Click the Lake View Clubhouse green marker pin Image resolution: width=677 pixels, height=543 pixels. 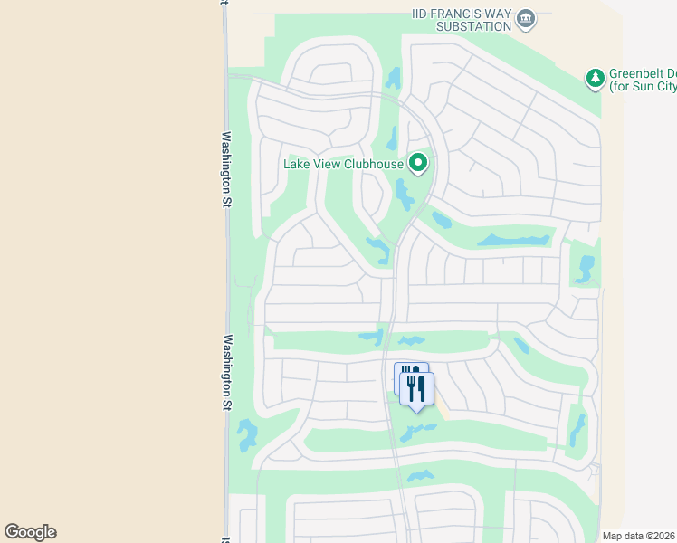pyautogui.click(x=418, y=164)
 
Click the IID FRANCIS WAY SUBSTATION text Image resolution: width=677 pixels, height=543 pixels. pyautogui.click(x=459, y=19)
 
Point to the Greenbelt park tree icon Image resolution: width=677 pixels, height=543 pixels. pyautogui.click(x=595, y=79)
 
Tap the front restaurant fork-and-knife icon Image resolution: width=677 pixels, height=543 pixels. pyautogui.click(x=417, y=389)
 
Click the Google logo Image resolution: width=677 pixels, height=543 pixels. pyautogui.click(x=30, y=532)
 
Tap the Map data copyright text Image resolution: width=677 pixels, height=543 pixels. pyautogui.click(x=637, y=535)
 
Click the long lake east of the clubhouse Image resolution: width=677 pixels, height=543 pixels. pyautogui.click(x=514, y=241)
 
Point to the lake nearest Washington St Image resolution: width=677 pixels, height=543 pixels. pyautogui.click(x=245, y=435)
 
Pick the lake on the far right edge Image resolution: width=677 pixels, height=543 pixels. pyautogui.click(x=586, y=269)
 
